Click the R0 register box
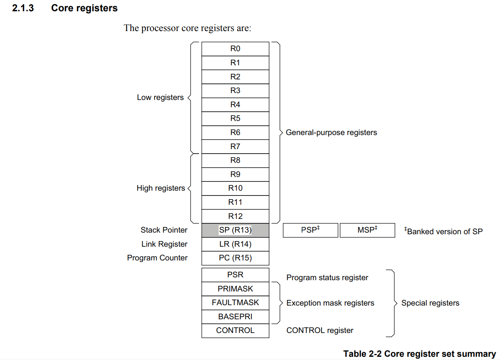(x=235, y=49)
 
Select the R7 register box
(x=235, y=147)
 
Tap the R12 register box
(x=235, y=216)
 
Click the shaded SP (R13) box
(x=235, y=230)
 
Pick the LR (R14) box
(x=235, y=244)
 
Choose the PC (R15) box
(x=235, y=258)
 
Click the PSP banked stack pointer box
(x=311, y=230)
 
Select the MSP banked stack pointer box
(x=367, y=230)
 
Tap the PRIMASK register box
(x=235, y=289)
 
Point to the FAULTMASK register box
(x=235, y=303)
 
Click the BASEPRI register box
(x=235, y=317)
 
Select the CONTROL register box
(x=235, y=331)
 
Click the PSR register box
(x=235, y=275)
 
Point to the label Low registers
(x=160, y=98)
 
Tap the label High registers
(x=161, y=188)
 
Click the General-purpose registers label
(x=332, y=133)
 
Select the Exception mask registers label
(x=330, y=303)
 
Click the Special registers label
(x=430, y=303)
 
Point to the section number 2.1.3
(x=23, y=8)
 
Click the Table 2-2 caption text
(x=420, y=354)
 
